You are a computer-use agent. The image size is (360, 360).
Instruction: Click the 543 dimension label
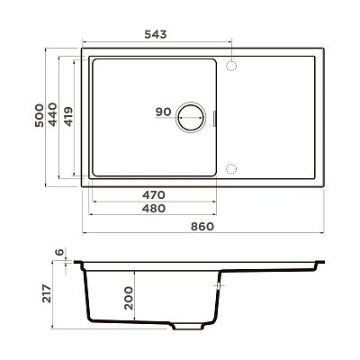pyautogui.click(x=156, y=34)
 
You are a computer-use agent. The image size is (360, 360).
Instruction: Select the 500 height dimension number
pyautogui.click(x=39, y=115)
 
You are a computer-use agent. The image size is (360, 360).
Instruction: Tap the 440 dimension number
pyautogui.click(x=53, y=114)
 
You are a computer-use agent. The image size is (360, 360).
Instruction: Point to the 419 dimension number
pyautogui.click(x=68, y=117)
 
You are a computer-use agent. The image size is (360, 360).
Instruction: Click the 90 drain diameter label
pyautogui.click(x=163, y=112)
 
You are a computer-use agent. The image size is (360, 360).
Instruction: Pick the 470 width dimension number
pyautogui.click(x=154, y=195)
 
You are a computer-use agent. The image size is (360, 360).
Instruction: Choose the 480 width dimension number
pyautogui.click(x=154, y=208)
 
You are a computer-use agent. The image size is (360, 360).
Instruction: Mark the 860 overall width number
pyautogui.click(x=202, y=227)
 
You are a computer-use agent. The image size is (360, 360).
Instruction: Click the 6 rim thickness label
pyautogui.click(x=60, y=252)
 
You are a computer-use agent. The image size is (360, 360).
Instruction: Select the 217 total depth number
pyautogui.click(x=47, y=293)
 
